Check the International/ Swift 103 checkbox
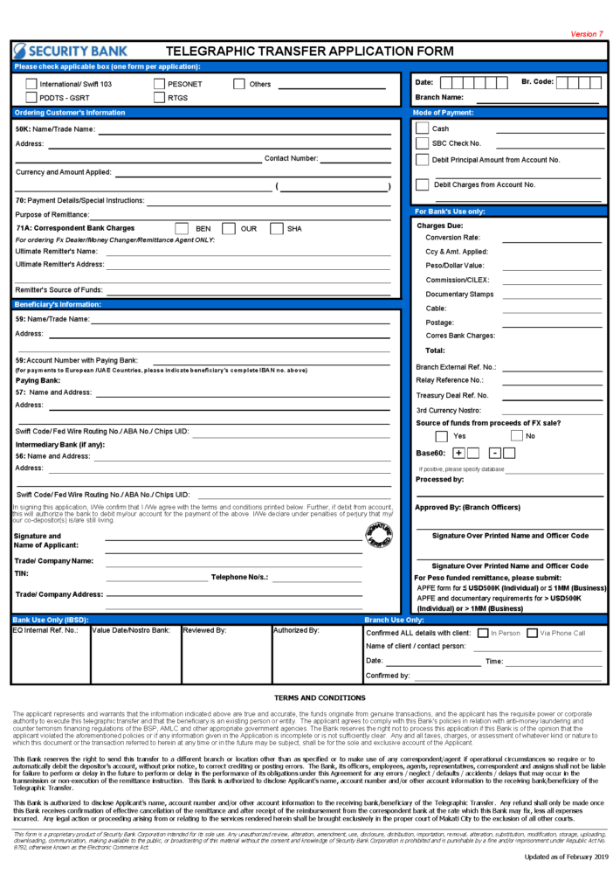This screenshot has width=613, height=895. coord(31,84)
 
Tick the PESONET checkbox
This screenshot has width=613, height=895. coord(160,84)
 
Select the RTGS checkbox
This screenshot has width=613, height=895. coord(160,97)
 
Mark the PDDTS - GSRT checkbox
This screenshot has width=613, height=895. coord(31,97)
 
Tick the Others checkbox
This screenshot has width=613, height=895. coord(238,84)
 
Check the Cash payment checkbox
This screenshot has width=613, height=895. coord(423,128)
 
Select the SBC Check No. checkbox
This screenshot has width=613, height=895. coord(423,143)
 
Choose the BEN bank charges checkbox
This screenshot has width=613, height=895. coord(182,229)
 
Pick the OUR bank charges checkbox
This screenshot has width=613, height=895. coord(228,229)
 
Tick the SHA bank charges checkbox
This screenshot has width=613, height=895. coord(276,229)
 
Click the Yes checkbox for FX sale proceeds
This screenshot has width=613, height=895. coord(441,435)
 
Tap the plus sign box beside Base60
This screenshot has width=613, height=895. coord(458,453)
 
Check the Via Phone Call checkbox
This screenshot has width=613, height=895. coord(532,633)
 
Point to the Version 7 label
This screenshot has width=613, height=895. coord(586,34)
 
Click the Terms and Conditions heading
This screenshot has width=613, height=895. coord(307,697)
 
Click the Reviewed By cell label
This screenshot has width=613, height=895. coord(204,629)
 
